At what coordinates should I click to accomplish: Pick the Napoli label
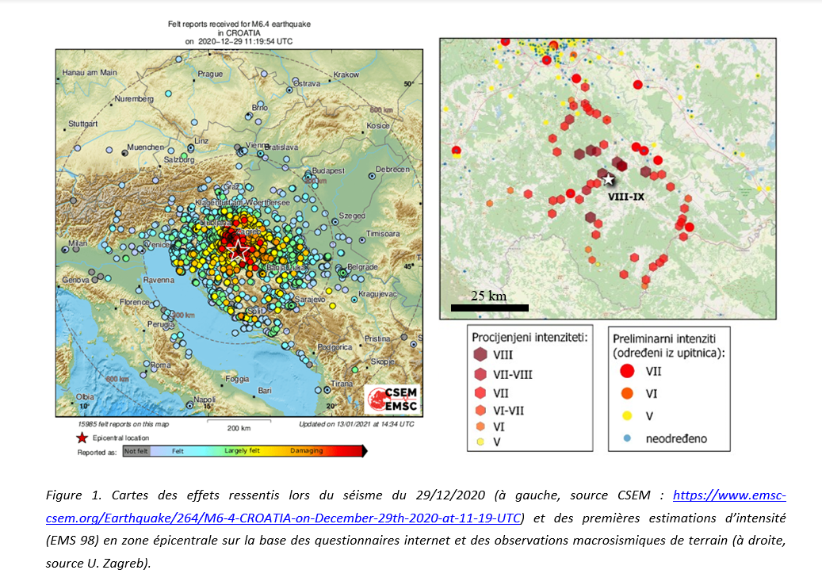coord(205,399)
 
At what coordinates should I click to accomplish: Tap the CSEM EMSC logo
coord(392,400)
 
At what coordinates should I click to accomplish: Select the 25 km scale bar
coord(489,307)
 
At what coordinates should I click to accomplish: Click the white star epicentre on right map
coord(609,179)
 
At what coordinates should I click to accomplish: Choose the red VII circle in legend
coord(626,369)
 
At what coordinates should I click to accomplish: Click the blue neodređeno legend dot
coord(626,438)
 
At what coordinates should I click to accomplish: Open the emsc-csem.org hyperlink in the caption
coord(728,496)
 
